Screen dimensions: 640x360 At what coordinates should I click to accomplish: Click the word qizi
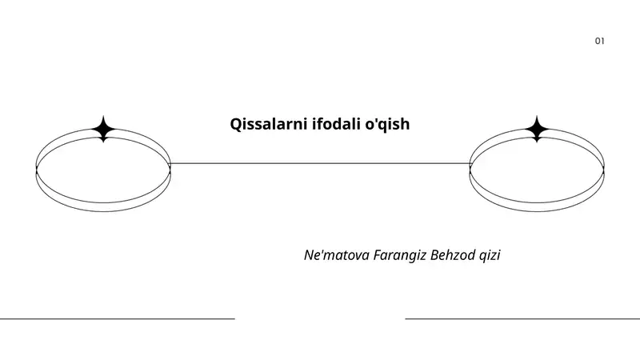pos(490,256)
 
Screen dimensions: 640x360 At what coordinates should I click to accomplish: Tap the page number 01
pos(599,41)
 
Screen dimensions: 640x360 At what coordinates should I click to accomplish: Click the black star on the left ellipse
pos(103,129)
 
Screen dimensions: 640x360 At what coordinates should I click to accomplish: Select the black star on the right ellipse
pos(537,129)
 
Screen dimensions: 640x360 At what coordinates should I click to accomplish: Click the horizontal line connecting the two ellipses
pos(320,164)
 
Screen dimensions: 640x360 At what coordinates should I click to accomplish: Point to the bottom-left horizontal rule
pos(118,318)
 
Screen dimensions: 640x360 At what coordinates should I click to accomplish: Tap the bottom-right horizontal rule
pos(522,318)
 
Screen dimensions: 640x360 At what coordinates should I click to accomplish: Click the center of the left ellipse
pos(103,170)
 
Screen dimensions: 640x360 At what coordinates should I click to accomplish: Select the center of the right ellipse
pos(537,170)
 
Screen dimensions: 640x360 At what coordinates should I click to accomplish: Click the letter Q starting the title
pos(236,125)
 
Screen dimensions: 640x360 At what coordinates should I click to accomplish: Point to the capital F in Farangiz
pos(378,255)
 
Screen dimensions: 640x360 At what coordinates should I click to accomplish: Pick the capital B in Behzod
pos(434,255)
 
